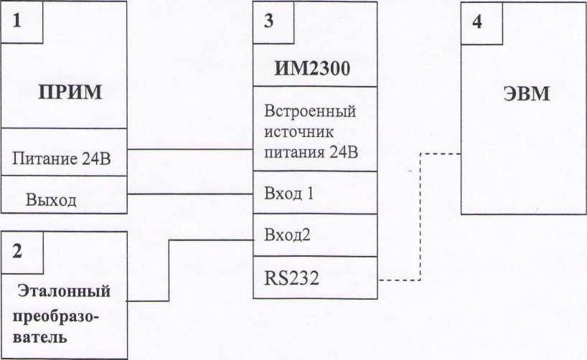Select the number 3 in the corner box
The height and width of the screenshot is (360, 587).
(268, 20)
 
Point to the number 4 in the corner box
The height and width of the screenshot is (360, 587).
(477, 20)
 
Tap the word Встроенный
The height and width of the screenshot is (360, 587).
(311, 113)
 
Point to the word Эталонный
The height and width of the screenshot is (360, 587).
(64, 293)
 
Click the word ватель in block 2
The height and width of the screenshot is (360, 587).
(42, 336)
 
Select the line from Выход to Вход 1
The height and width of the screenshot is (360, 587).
(190, 194)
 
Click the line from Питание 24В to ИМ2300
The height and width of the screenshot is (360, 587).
(190, 150)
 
